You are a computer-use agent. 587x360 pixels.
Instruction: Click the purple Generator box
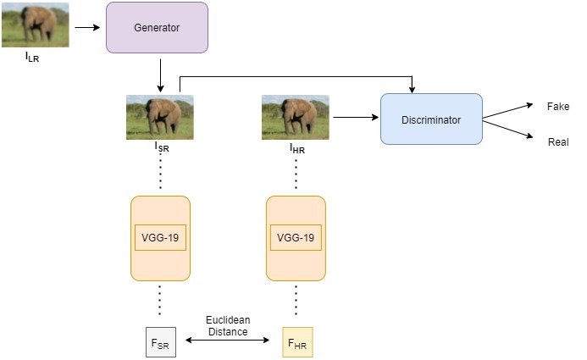(x=157, y=27)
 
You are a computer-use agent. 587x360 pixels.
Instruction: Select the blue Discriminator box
(x=431, y=119)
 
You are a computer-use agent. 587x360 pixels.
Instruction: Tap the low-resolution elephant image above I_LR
(x=35, y=25)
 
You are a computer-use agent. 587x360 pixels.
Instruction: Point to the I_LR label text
(x=33, y=58)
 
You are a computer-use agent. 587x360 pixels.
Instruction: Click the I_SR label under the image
(x=161, y=147)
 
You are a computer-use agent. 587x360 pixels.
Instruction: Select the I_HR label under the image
(x=296, y=148)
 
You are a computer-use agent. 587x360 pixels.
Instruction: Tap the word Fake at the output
(x=558, y=106)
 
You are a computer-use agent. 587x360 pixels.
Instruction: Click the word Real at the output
(x=558, y=142)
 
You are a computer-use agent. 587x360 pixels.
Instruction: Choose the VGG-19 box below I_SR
(x=160, y=237)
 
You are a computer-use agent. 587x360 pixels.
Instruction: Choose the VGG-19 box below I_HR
(x=296, y=237)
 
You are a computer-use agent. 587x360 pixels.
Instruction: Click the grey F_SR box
(x=160, y=342)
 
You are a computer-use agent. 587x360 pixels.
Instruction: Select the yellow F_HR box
(x=297, y=342)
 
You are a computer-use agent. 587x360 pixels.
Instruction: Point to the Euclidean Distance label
(x=227, y=326)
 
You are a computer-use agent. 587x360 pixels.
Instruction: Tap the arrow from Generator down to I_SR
(x=159, y=75)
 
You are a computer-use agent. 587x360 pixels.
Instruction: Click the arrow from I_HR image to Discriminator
(x=356, y=119)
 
